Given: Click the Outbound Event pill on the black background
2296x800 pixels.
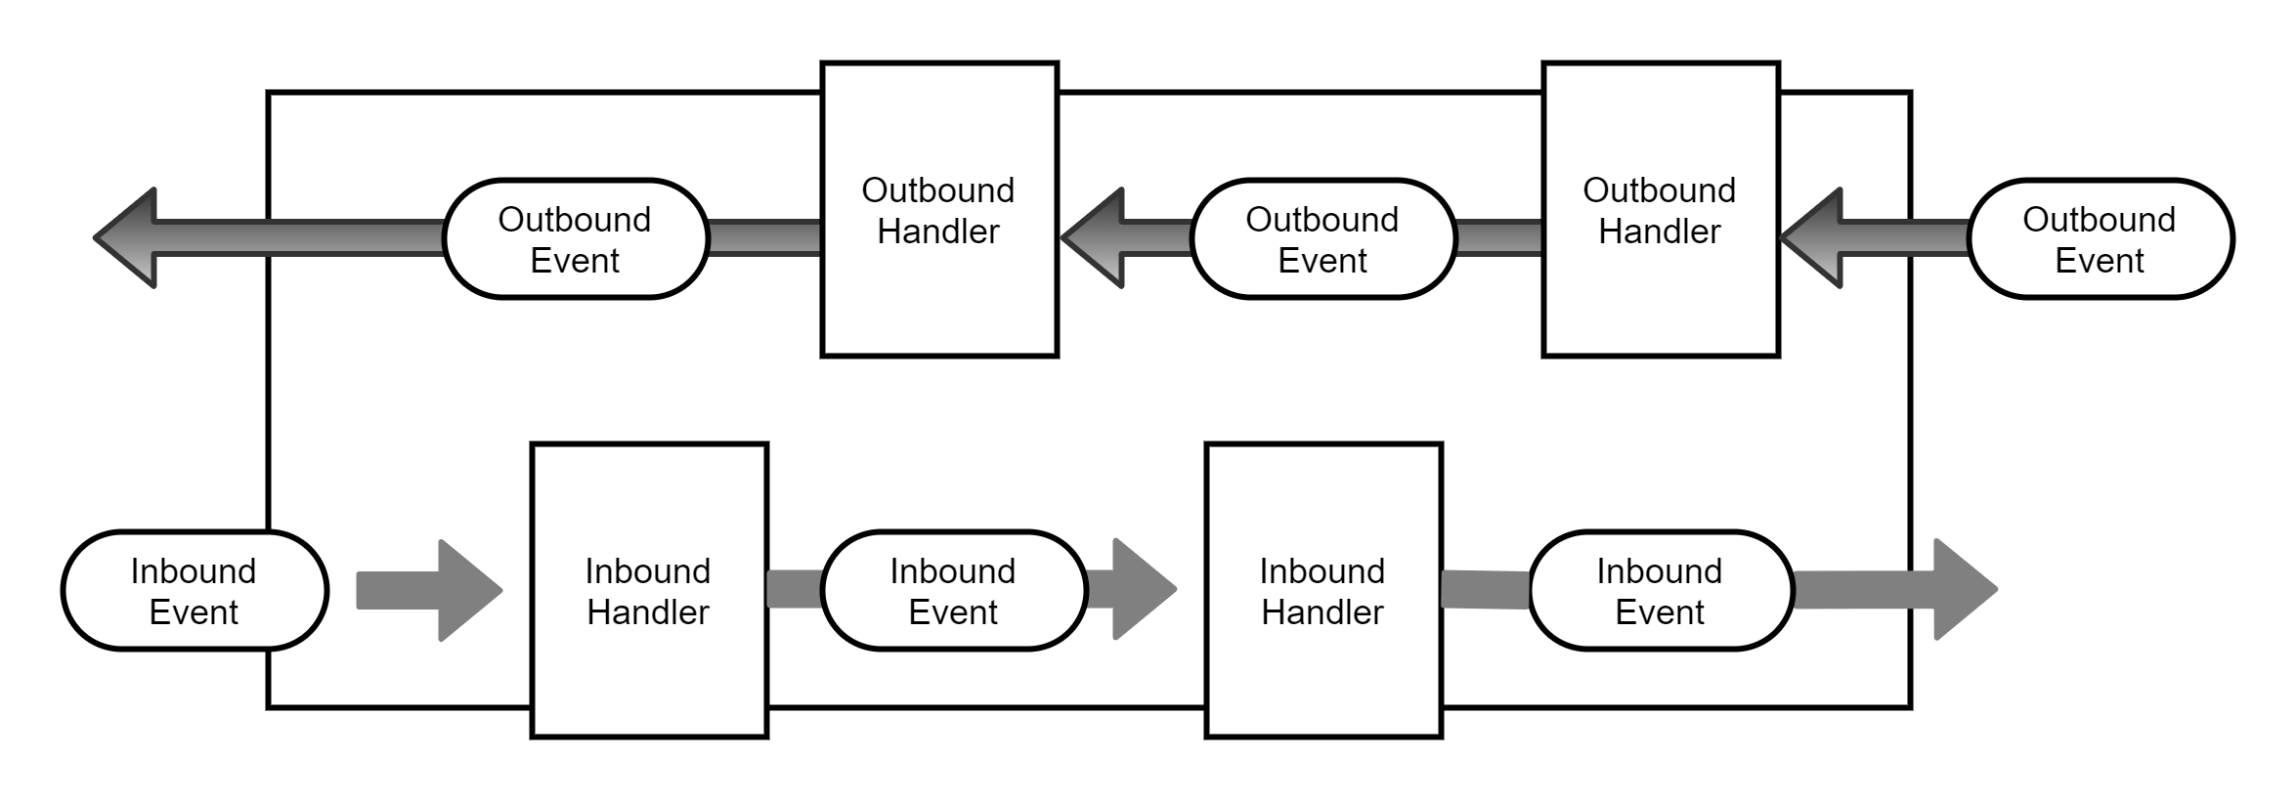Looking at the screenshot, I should coord(2100,239).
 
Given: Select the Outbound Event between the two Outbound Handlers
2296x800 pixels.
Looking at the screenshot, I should coord(1322,239).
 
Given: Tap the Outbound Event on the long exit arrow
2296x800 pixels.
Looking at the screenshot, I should coord(575,239).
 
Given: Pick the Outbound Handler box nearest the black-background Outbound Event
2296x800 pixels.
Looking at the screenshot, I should coord(1660,211).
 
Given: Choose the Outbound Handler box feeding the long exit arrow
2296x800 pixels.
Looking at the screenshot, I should coord(938,211).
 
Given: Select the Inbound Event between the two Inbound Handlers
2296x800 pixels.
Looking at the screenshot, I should coord(953,591).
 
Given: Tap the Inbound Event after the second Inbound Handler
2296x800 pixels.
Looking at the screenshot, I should coord(1660,591).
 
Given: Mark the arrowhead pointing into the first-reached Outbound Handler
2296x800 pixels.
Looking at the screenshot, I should coord(1814,237).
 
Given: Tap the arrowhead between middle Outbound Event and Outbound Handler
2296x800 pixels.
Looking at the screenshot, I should coord(1095,237).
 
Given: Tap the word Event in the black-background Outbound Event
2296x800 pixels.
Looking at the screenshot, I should coord(2100,261).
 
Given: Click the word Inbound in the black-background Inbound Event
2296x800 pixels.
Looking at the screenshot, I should coord(194,570).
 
